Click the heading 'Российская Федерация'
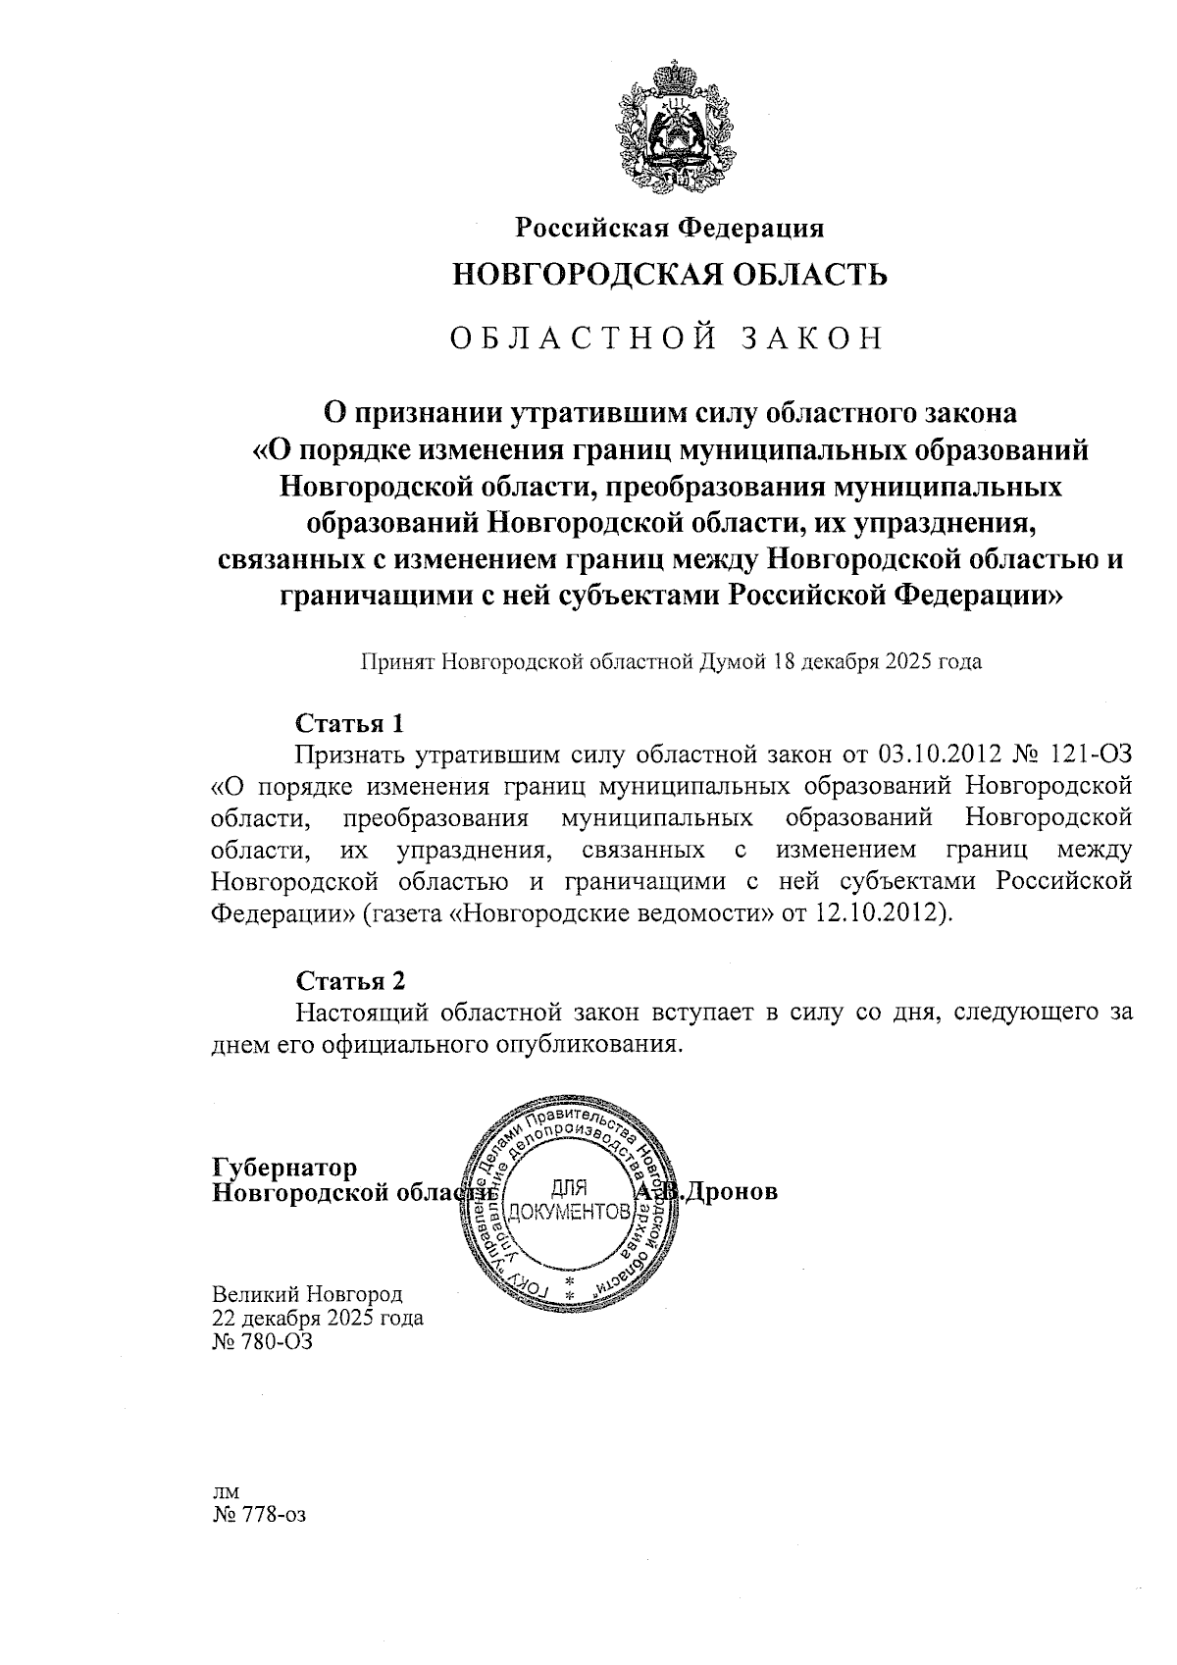point(670,228)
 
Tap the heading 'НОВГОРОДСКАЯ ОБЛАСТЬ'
point(670,275)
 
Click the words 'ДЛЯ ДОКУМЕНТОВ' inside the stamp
point(570,1199)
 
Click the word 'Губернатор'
point(284,1168)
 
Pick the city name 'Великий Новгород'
point(307,1295)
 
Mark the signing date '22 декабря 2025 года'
point(318,1318)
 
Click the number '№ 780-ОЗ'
point(262,1341)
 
